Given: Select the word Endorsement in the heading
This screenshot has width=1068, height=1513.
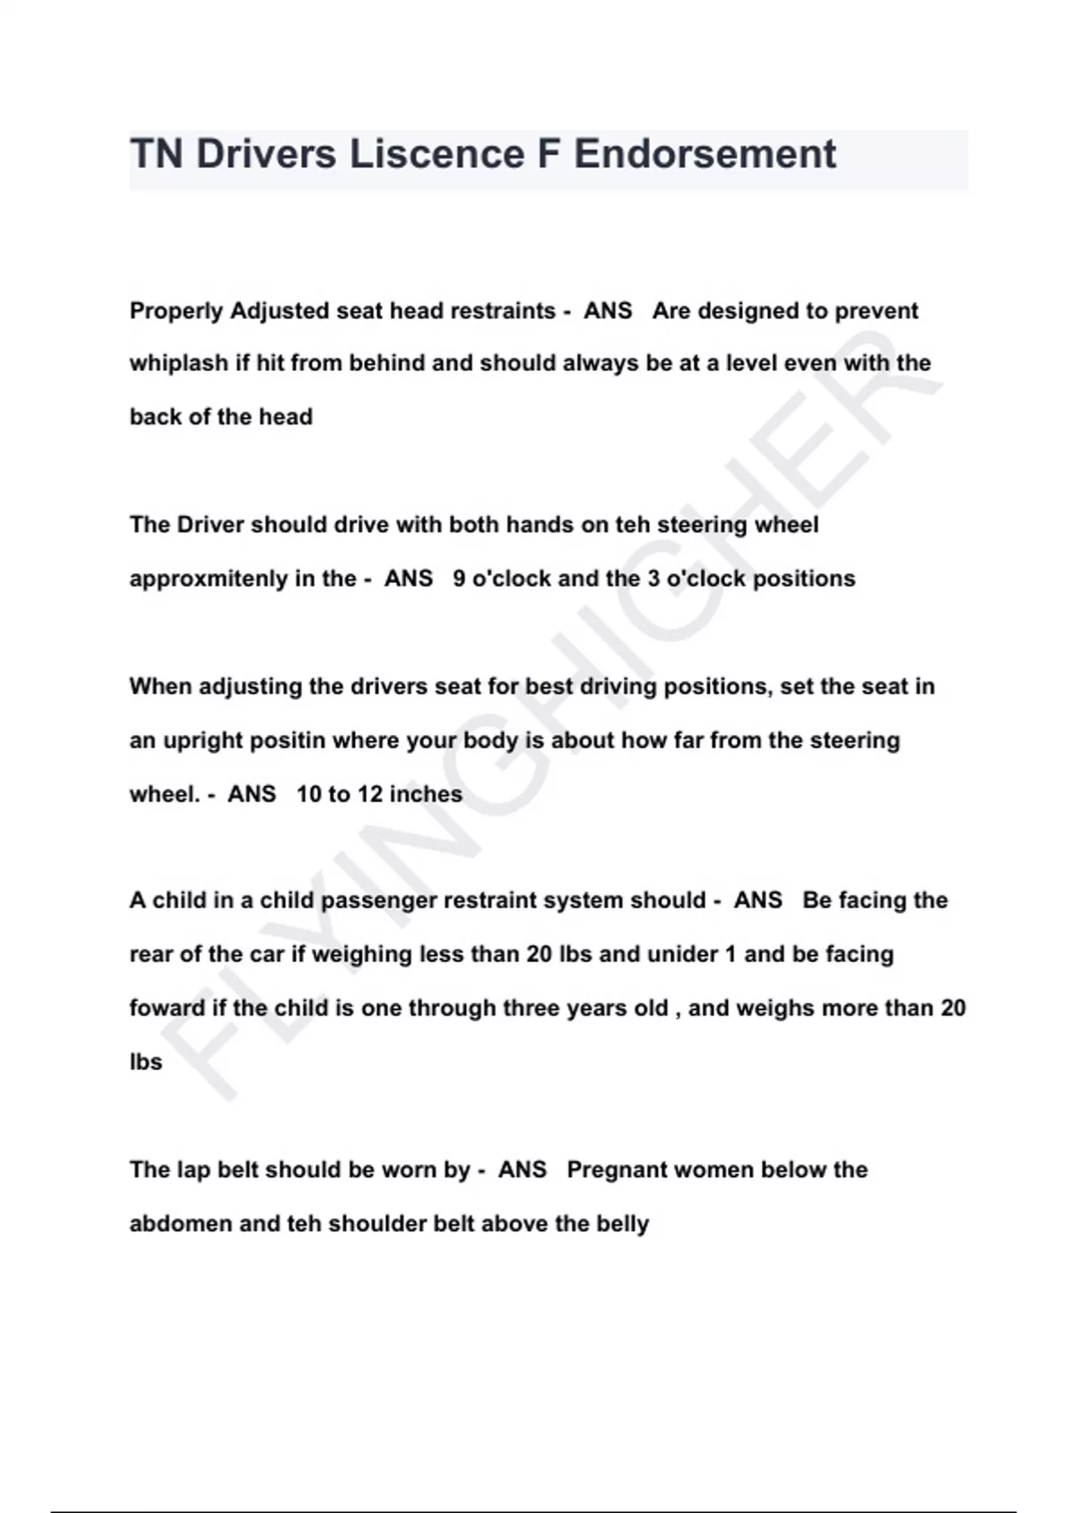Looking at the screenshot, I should point(705,154).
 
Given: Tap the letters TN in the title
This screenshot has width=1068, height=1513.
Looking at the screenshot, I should point(157,154).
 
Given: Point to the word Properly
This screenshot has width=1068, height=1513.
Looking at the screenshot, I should point(176,311).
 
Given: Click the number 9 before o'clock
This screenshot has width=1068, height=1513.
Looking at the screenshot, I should point(459,578).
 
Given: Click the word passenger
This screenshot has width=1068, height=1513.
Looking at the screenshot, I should point(378,901).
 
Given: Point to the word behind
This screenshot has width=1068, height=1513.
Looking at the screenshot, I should point(386,363).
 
